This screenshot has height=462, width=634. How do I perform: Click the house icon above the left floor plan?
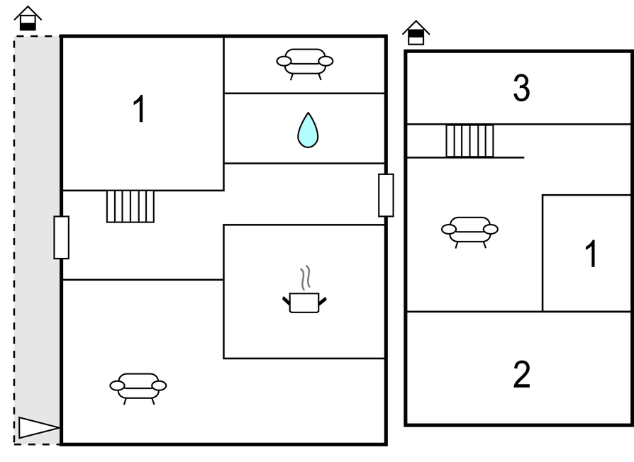pyautogui.click(x=28, y=18)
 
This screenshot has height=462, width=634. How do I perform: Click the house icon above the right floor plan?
pyautogui.click(x=416, y=33)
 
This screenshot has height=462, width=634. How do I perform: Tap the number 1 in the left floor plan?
pyautogui.click(x=139, y=108)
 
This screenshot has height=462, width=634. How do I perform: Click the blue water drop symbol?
pyautogui.click(x=308, y=130)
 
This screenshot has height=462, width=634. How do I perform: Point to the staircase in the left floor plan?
pyautogui.click(x=130, y=206)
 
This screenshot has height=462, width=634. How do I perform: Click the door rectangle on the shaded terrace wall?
pyautogui.click(x=62, y=237)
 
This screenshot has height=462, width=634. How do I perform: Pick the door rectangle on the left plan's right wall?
pyautogui.click(x=386, y=195)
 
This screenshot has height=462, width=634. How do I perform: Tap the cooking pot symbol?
pyautogui.click(x=304, y=303)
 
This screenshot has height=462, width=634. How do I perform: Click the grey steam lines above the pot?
pyautogui.click(x=306, y=278)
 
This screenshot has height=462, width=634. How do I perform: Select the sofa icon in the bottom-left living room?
pyautogui.click(x=138, y=388)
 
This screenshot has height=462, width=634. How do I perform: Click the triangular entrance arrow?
pyautogui.click(x=39, y=428)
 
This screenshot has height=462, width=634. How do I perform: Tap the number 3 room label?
pyautogui.click(x=521, y=89)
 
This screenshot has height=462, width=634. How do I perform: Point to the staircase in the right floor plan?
pyautogui.click(x=470, y=141)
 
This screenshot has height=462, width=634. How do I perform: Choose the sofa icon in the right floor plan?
pyautogui.click(x=470, y=232)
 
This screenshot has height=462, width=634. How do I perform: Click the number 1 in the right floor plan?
pyautogui.click(x=591, y=254)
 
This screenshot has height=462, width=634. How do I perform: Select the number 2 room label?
pyautogui.click(x=521, y=374)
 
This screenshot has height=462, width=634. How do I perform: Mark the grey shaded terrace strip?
pyautogui.click(x=37, y=240)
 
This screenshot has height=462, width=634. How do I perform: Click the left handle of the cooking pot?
pyautogui.click(x=287, y=300)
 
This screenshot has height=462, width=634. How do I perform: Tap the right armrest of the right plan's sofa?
pyautogui.click(x=491, y=230)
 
